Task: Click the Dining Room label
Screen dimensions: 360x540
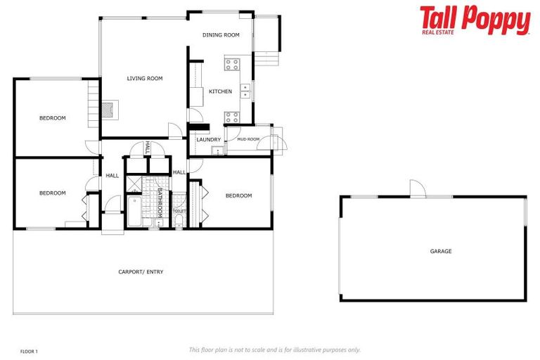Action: click(221, 34)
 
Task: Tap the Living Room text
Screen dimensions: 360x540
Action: click(145, 79)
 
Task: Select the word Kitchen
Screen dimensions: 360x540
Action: click(220, 91)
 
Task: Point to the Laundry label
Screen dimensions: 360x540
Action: click(209, 139)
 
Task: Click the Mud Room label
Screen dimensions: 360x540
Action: click(248, 139)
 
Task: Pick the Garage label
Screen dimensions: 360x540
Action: click(441, 251)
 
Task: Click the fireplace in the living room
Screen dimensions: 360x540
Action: click(109, 108)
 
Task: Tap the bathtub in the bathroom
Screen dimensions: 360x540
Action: click(134, 212)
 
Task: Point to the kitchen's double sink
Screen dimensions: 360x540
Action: click(245, 90)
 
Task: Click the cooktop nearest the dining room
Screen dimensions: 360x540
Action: click(231, 65)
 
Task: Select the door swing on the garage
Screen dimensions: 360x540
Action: click(418, 188)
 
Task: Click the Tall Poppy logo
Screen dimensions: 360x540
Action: click(475, 20)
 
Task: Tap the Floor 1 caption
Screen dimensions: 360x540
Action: click(29, 350)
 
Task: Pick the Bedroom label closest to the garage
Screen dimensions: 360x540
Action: click(238, 195)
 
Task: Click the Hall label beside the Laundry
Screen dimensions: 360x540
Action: click(179, 172)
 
